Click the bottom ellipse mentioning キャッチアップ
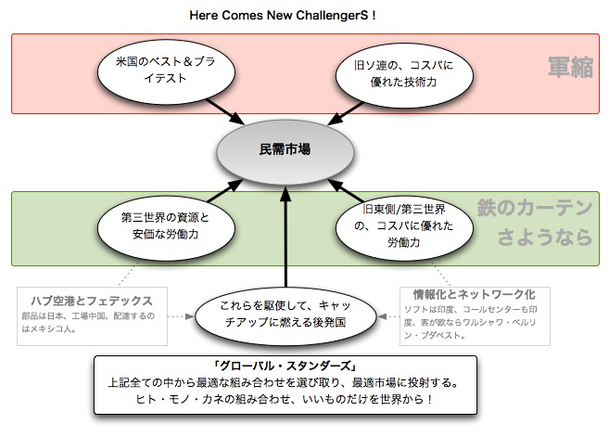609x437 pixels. pos(285,315)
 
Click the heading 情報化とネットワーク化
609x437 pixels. pos(472,294)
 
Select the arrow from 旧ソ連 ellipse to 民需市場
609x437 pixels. pos(343,112)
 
